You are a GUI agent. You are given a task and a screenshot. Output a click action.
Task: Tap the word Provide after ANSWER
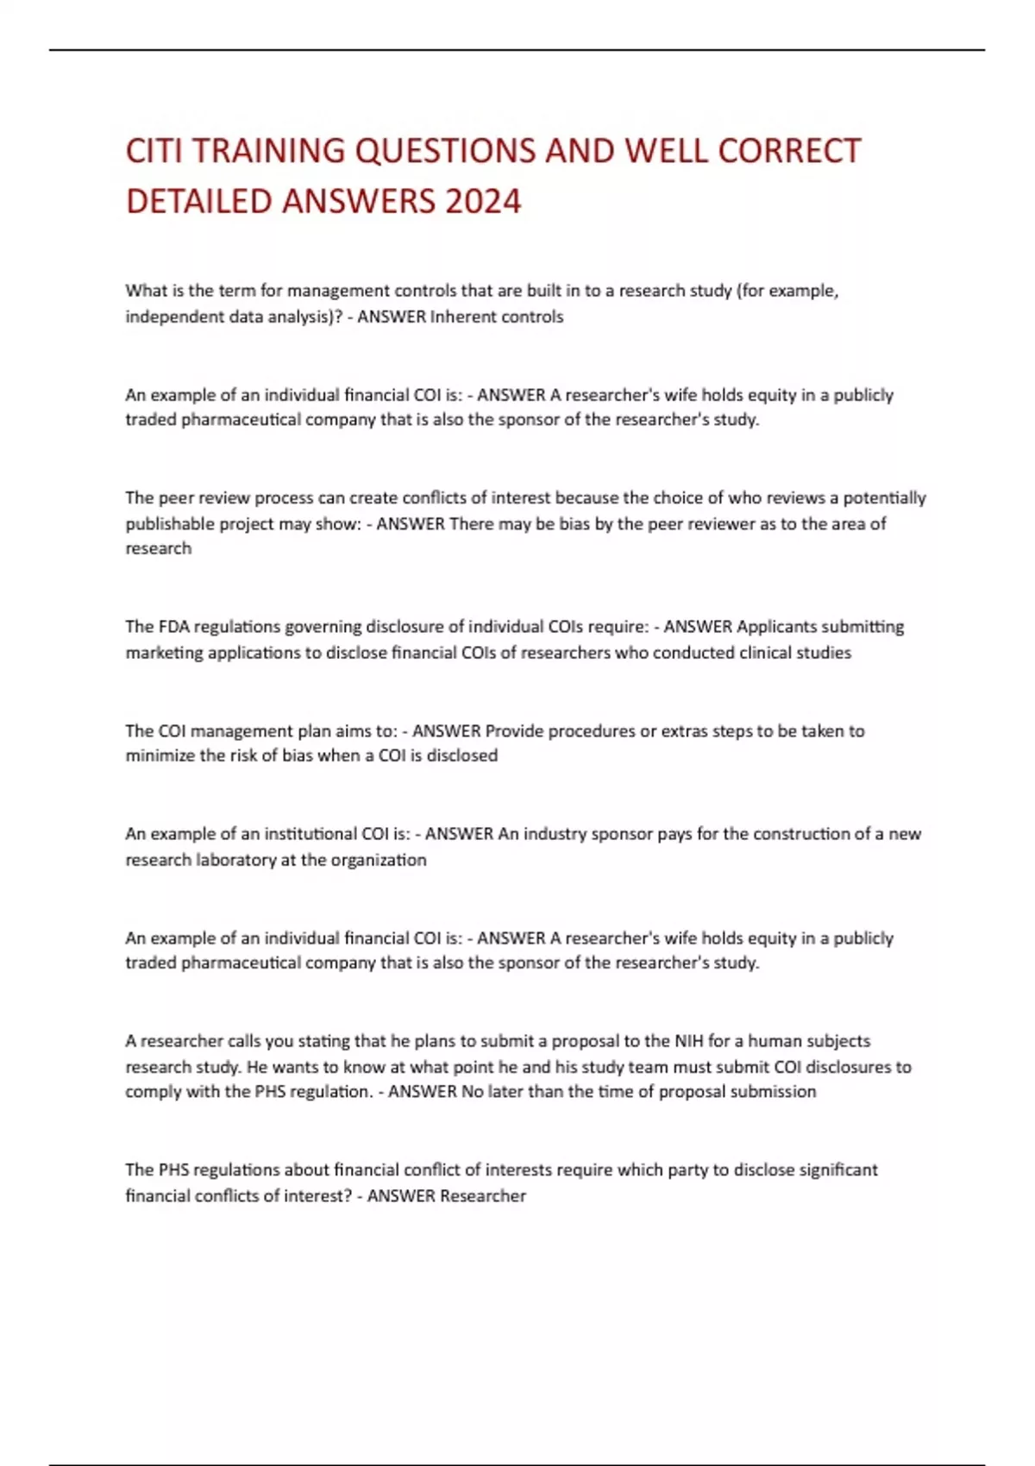point(514,731)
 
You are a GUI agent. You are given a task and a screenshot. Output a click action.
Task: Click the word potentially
point(884,498)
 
